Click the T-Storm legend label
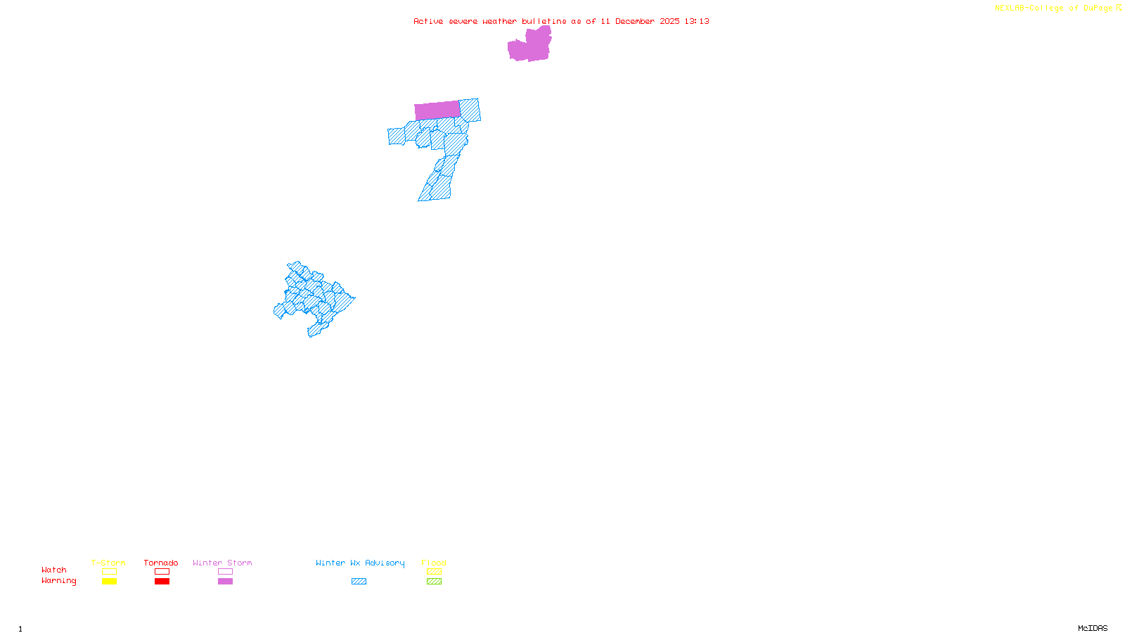pos(108,563)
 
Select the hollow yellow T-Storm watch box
pos(109,572)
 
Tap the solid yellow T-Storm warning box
pos(109,582)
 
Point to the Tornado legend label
pos(161,563)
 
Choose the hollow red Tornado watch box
pos(162,572)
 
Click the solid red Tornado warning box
pos(162,582)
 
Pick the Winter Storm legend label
pos(222,563)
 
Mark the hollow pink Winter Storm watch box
pos(225,572)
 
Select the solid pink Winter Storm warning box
pos(225,582)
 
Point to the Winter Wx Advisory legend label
pos(360,563)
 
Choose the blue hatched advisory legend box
pos(359,582)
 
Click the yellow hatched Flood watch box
pos(434,572)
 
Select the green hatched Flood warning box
pos(434,582)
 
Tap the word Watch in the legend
pos(54,570)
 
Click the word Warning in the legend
pos(58,581)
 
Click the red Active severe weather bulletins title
pos(561,21)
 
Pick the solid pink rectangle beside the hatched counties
pos(437,110)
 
